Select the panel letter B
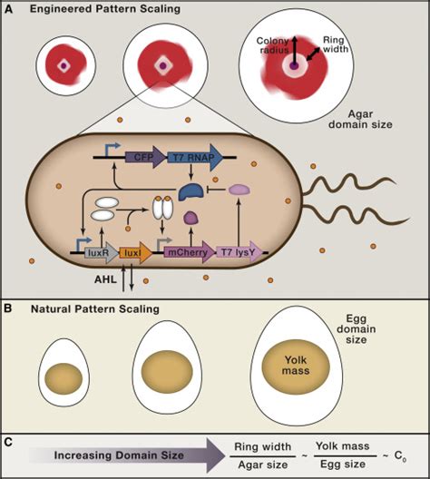[10, 308]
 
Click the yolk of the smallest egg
[63, 376]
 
